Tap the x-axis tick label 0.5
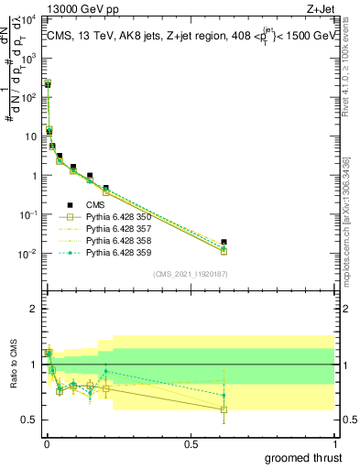pos(190,443)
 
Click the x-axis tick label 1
pos(334,443)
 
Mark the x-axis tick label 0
pos(46,443)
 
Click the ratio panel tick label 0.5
pos(29,420)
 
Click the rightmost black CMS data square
pos(224,242)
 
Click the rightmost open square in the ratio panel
pos(224,409)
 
